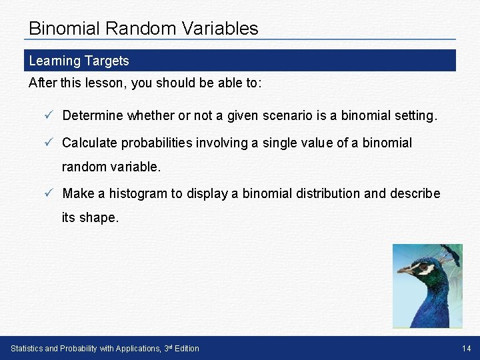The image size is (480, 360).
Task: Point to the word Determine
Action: click(93, 115)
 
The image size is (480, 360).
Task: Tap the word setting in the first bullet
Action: click(413, 115)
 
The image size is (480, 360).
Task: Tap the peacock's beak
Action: click(404, 271)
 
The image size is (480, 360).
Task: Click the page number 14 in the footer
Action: click(466, 349)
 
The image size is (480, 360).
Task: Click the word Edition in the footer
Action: click(187, 349)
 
